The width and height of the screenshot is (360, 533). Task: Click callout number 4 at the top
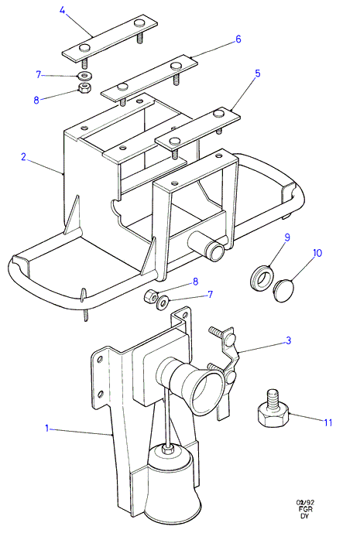[x=62, y=10]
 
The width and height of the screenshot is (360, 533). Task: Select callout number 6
[x=238, y=39]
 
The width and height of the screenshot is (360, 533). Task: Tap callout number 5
[x=258, y=73]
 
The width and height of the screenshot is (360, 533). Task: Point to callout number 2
[x=23, y=157]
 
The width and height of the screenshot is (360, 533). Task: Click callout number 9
[x=287, y=237]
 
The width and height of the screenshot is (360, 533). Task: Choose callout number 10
[x=317, y=253]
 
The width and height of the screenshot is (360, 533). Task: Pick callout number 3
[x=288, y=340]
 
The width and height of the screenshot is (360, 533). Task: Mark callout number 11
[x=327, y=422]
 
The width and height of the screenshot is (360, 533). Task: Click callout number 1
[x=47, y=428]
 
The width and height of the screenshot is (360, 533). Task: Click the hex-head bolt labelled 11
[x=273, y=412]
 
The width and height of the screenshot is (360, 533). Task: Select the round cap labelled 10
[x=284, y=291]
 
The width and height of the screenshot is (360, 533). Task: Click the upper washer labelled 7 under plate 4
[x=84, y=75]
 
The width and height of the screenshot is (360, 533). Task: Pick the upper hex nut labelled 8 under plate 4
[x=84, y=88]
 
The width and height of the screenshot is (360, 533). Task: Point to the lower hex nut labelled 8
[x=150, y=296]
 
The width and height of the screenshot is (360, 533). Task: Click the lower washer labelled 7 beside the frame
[x=162, y=302]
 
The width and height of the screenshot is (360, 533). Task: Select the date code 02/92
[x=305, y=502]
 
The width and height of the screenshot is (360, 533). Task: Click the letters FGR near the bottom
[x=305, y=509]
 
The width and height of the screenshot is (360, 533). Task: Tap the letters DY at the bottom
[x=304, y=516]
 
